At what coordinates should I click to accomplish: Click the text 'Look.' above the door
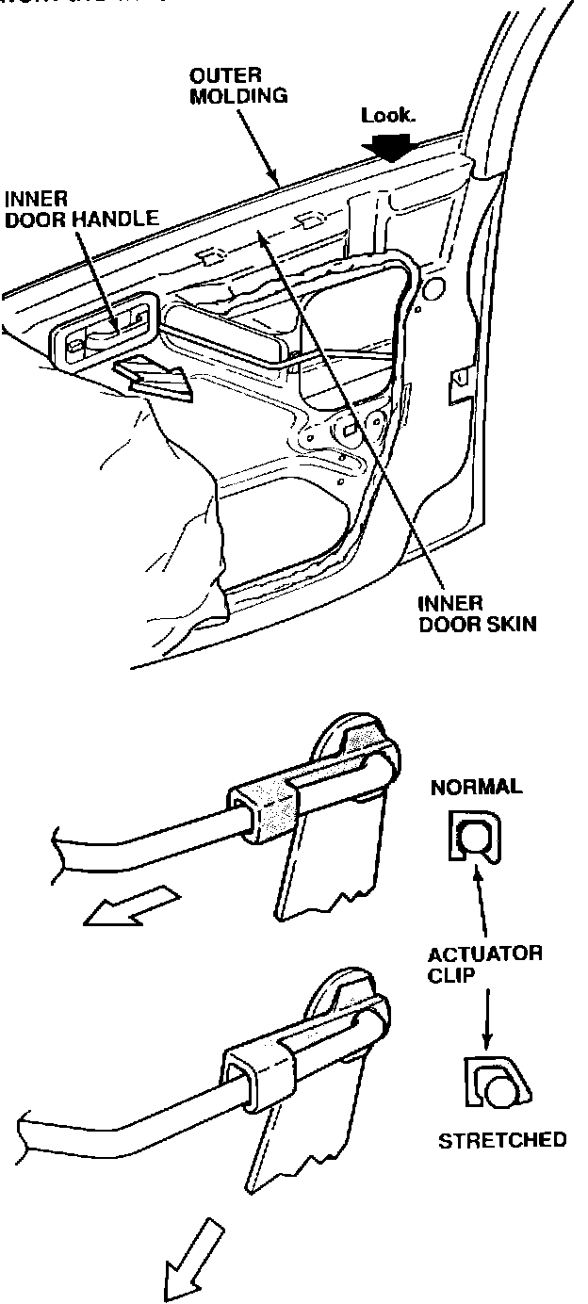point(387,117)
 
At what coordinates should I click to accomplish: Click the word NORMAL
point(476,787)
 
